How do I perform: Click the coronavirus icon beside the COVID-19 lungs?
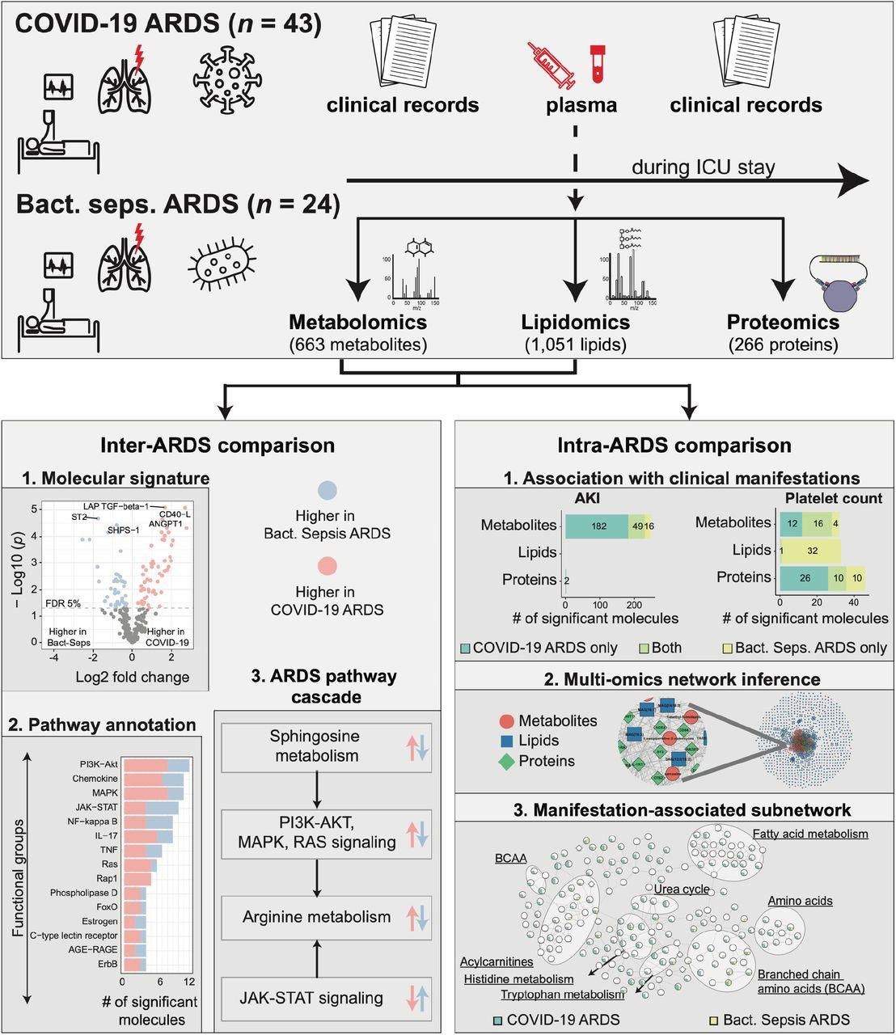pos(229,81)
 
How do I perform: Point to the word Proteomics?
pos(782,323)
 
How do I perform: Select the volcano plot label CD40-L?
pos(175,514)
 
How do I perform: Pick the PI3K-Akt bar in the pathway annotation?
pos(156,765)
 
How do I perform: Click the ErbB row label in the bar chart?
pos(107,964)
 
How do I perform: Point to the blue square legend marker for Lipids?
pos(506,741)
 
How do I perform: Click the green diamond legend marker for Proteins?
pos(506,761)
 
